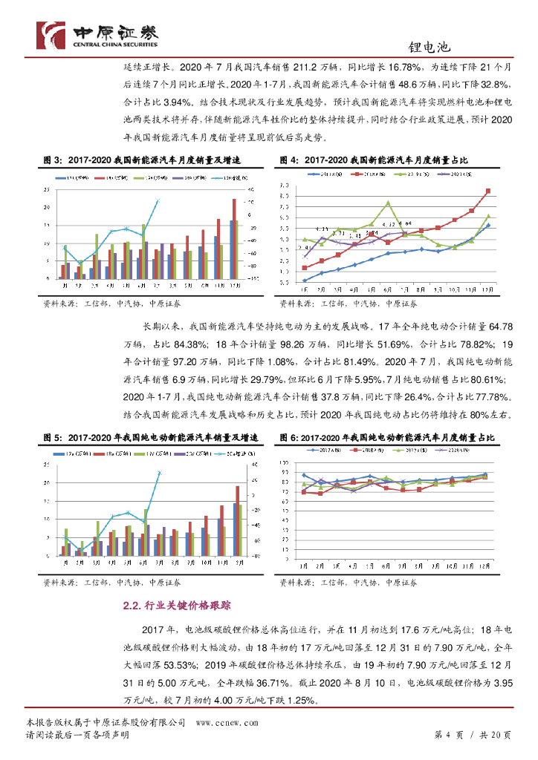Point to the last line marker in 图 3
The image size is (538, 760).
coord(158,200)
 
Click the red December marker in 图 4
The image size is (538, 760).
coord(488,191)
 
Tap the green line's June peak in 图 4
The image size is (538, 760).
coord(388,203)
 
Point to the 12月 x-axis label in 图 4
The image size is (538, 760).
coord(487,290)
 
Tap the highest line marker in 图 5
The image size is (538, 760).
coord(158,473)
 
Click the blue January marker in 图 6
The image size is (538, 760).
coord(304,475)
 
